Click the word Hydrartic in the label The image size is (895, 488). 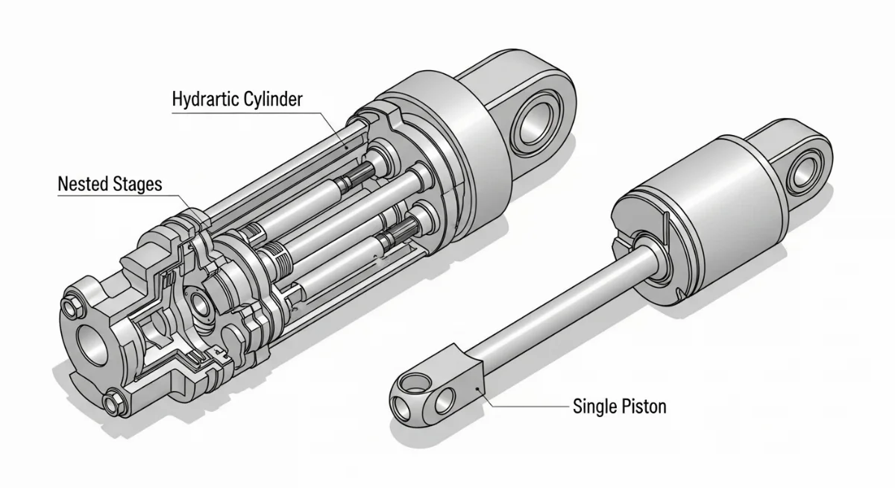coord(205,99)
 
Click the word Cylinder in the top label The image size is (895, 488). coord(273,98)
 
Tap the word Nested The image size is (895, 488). coord(83,184)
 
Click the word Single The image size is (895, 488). coord(592,407)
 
